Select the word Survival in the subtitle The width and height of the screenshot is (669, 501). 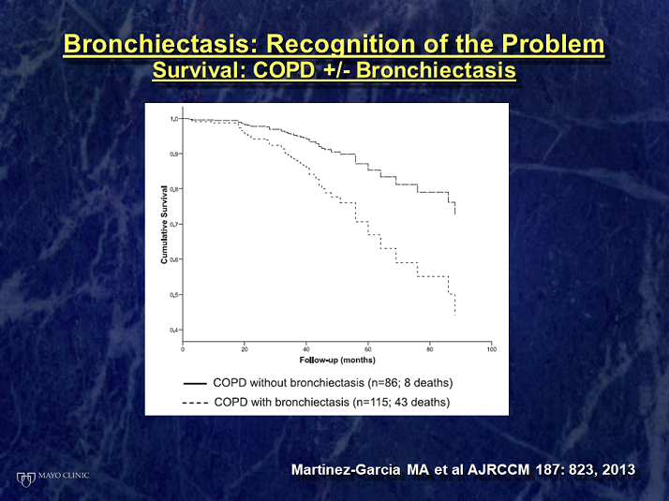200,70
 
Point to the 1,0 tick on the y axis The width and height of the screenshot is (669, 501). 174,119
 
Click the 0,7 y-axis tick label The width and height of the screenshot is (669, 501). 174,224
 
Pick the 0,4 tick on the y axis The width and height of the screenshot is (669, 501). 174,330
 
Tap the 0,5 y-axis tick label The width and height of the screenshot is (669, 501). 174,295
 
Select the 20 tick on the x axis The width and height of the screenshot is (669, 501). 245,349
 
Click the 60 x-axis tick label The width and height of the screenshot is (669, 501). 368,349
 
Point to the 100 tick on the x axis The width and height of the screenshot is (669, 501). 492,349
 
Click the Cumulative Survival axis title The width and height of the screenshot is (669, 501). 164,224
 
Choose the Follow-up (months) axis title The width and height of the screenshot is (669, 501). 337,361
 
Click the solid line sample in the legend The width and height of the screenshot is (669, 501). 195,383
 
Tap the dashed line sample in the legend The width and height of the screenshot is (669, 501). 195,403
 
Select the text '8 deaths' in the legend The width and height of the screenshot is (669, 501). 426,383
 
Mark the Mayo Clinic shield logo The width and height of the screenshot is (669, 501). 25,479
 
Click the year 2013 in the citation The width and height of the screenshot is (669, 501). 618,470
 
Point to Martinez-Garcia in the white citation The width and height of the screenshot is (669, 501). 346,470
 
